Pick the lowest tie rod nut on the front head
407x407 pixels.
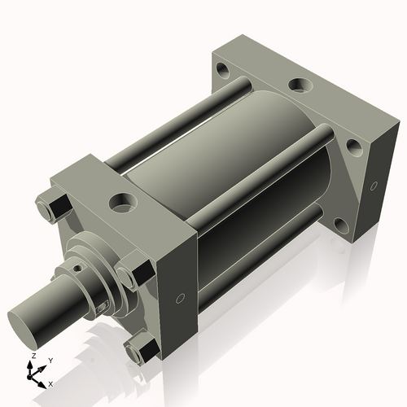pos(139,348)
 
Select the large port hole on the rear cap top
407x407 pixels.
pos(300,84)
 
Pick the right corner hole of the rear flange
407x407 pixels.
pos(354,148)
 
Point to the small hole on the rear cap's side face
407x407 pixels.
pos(373,186)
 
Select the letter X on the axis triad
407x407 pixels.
pos(51,383)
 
